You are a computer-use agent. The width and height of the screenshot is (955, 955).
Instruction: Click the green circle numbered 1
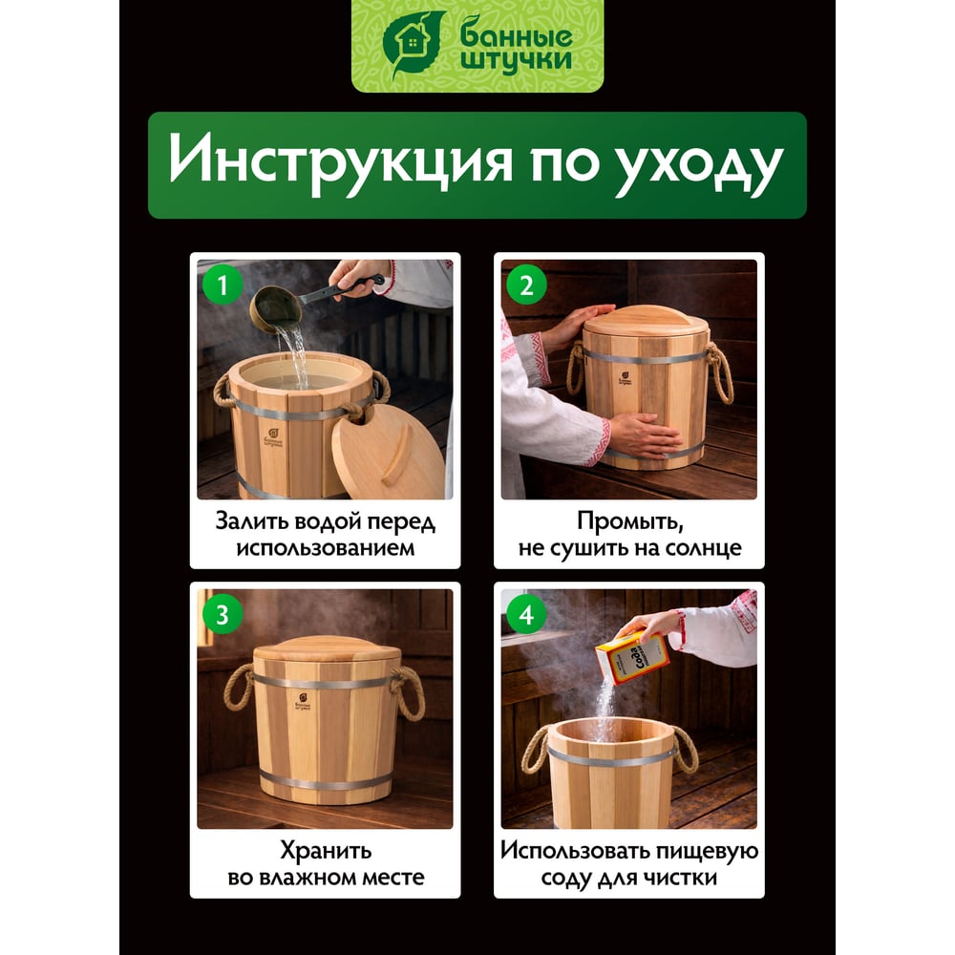pyautogui.click(x=222, y=285)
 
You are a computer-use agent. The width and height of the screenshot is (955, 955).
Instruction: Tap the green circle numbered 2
pyautogui.click(x=526, y=285)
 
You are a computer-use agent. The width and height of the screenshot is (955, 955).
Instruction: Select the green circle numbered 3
pyautogui.click(x=222, y=614)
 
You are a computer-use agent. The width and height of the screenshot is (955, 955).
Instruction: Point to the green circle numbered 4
pyautogui.click(x=526, y=614)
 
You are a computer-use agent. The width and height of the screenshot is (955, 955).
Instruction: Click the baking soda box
pyautogui.click(x=631, y=659)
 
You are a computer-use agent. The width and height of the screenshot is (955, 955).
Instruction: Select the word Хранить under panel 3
pyautogui.click(x=326, y=850)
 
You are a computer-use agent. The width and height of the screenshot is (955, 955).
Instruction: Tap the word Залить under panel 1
pyautogui.click(x=251, y=522)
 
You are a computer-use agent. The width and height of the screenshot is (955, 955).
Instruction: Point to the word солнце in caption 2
pyautogui.click(x=703, y=548)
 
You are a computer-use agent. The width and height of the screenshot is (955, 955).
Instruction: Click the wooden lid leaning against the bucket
pyautogui.click(x=388, y=452)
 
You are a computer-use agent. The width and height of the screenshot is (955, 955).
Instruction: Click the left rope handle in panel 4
pyautogui.click(x=537, y=750)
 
